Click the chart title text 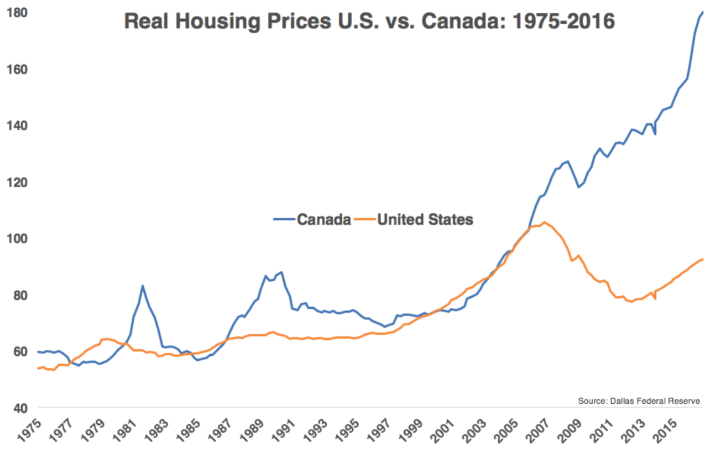point(369,22)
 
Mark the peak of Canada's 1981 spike point(143,286)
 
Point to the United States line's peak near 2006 point(544,222)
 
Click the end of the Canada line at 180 point(702,12)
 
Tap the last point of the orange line point(702,259)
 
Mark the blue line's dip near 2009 point(578,187)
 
